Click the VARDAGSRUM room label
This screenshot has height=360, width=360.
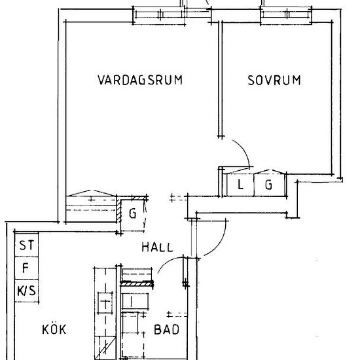click(139, 81)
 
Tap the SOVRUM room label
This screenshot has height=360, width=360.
click(274, 81)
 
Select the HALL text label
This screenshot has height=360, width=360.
click(158, 247)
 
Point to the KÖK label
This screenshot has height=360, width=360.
click(56, 329)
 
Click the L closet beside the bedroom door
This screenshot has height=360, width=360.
click(240, 185)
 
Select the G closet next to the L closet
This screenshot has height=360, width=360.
click(268, 185)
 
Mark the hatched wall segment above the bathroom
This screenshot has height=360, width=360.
click(137, 284)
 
